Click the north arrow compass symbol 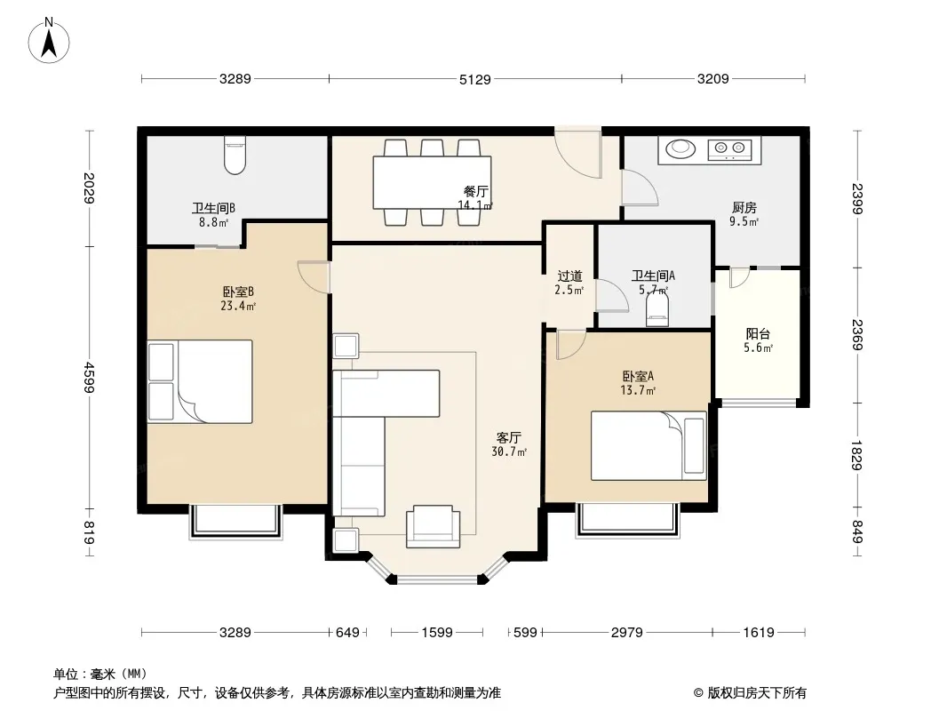[49, 40]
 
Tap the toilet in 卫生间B [235, 155]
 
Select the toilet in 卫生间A [657, 310]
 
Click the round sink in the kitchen [680, 148]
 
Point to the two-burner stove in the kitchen [729, 148]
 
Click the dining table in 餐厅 [432, 182]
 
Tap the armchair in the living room [433, 526]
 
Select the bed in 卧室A [649, 446]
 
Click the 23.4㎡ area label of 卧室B [238, 307]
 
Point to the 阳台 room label [758, 334]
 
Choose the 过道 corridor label [569, 276]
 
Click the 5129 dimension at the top [475, 79]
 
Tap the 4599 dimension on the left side [90, 378]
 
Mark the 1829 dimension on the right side [856, 455]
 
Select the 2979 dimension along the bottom [627, 633]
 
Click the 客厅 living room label [508, 437]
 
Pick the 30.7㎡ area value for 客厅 [509, 451]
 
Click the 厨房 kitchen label [744, 208]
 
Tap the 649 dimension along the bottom [347, 633]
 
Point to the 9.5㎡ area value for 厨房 [744, 221]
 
